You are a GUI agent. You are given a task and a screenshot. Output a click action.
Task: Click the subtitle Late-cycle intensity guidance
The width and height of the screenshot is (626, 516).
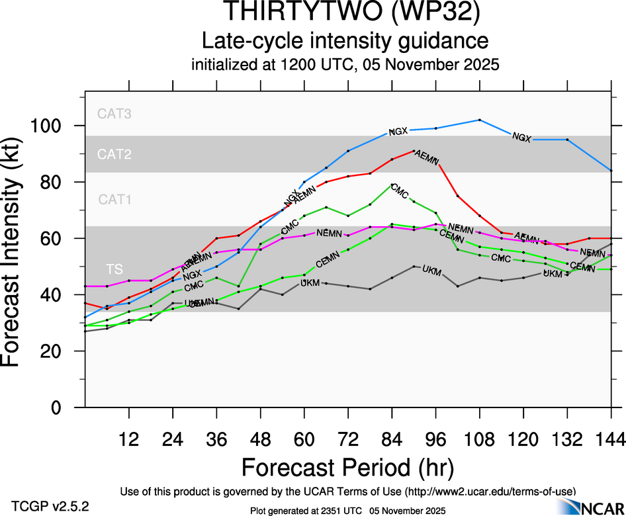coord(345,41)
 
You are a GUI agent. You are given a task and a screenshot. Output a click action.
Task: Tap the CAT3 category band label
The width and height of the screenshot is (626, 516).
coord(114,114)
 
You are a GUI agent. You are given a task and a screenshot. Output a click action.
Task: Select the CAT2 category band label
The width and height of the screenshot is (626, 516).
coord(114,155)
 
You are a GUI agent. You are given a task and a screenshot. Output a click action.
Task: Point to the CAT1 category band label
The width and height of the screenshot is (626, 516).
coord(114,199)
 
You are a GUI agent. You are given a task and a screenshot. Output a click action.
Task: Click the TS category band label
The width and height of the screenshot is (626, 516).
coord(114,269)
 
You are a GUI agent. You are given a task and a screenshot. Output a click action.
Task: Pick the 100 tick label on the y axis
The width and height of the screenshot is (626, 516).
coord(58,126)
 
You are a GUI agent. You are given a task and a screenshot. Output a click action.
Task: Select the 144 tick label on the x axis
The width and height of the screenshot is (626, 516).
coord(611,439)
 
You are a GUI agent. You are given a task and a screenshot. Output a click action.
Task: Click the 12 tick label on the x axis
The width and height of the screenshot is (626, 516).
coord(129,439)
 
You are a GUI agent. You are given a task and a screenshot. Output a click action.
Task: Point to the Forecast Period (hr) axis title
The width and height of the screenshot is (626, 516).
coord(347,468)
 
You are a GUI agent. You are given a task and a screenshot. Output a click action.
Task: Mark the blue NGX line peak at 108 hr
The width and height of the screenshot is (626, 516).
coord(479,120)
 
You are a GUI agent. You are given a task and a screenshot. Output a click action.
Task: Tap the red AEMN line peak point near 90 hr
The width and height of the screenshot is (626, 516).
coord(414,151)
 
